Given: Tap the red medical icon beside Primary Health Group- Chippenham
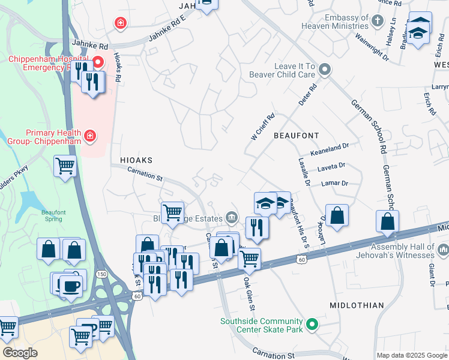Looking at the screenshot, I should pos(90,136).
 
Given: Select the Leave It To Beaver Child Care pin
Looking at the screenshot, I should pos(325,70).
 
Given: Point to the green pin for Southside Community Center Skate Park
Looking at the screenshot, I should pos(312,325).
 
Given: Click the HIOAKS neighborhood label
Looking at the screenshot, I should pos(136,161).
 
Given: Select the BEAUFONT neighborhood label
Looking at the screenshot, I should pos(296,136).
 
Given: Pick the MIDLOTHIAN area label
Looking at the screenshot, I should pos(357,305).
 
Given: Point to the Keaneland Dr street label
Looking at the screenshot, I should pos(329,146).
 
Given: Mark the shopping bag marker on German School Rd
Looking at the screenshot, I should pos(388,221).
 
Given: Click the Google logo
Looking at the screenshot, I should pos(20,353).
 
